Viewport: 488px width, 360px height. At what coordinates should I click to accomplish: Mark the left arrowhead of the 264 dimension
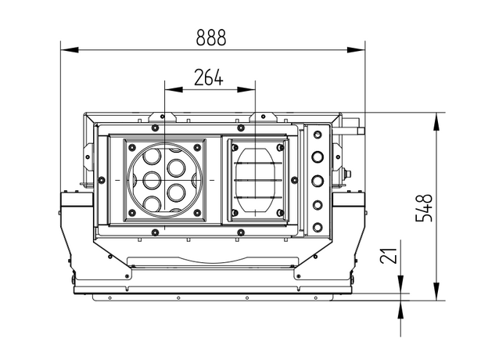pyautogui.click(x=170, y=88)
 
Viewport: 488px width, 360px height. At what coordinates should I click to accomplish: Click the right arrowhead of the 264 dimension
pyautogui.click(x=250, y=88)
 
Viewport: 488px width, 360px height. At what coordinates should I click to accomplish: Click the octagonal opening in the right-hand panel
pyautogui.click(x=257, y=179)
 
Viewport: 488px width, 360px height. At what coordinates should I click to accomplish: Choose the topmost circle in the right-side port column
pyautogui.click(x=318, y=135)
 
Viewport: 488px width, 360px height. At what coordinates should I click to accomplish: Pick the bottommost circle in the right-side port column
pyautogui.click(x=318, y=227)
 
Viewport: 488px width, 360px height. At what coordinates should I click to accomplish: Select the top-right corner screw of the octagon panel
pyautogui.click(x=280, y=145)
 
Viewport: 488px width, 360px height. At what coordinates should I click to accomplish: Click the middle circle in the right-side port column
pyautogui.click(x=318, y=182)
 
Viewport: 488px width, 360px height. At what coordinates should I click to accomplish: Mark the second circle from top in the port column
pyautogui.click(x=318, y=157)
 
